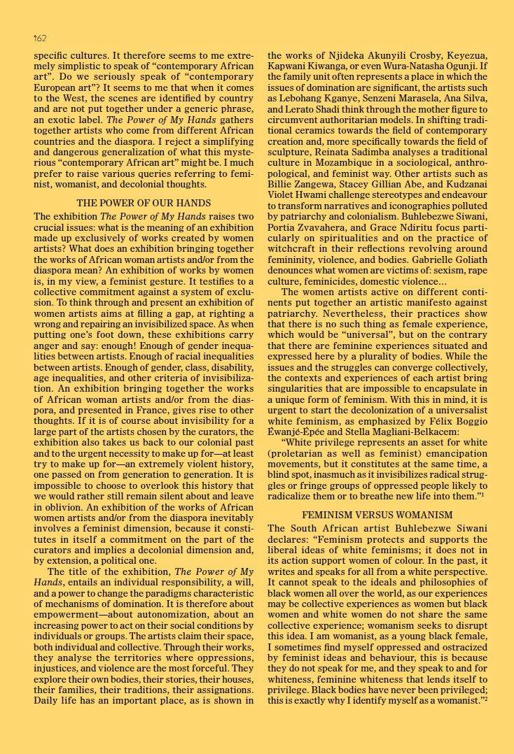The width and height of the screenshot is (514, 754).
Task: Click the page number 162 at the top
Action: (x=40, y=38)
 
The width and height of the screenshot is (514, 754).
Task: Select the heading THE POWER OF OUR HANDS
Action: (x=144, y=204)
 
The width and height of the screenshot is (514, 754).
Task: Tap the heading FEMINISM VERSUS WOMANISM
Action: (x=377, y=515)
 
